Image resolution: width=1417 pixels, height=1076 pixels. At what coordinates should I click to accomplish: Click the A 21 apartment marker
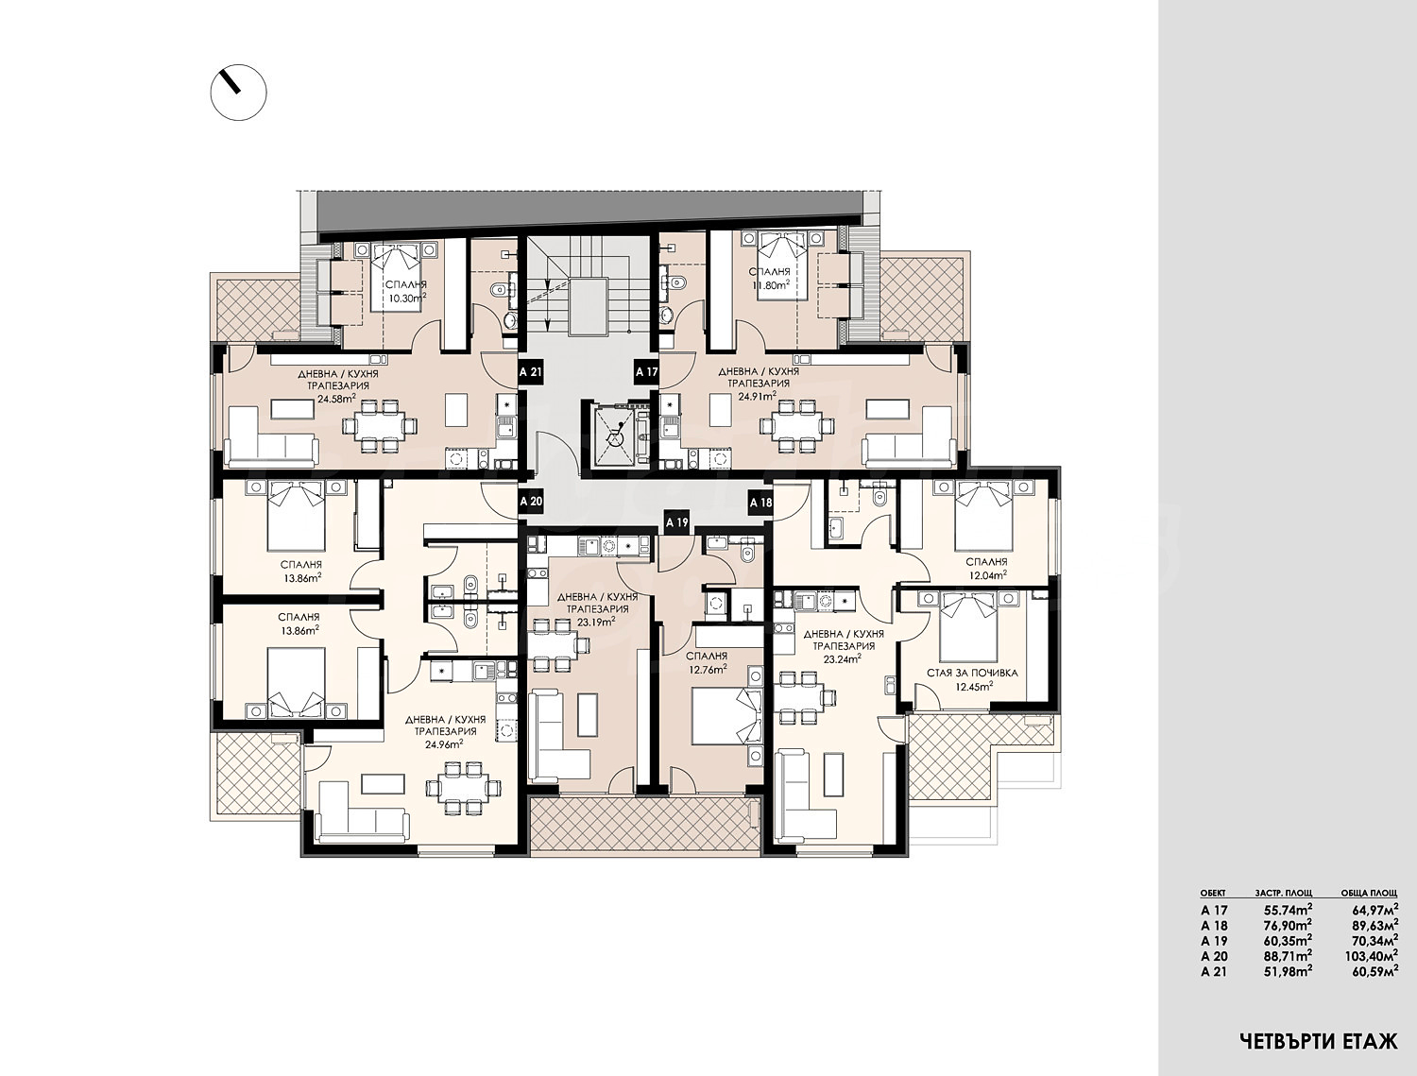point(531,372)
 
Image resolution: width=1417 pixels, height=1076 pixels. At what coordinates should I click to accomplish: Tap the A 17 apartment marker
point(646,372)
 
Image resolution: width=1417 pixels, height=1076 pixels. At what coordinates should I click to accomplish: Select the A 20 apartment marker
point(531,501)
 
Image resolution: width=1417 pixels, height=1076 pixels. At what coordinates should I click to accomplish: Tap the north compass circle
point(239,92)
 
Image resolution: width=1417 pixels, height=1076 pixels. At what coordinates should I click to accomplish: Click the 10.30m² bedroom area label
point(407,298)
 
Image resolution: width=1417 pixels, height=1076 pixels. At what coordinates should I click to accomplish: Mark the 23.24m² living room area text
point(844,658)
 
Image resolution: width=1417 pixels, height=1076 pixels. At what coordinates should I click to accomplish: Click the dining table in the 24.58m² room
point(379,426)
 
